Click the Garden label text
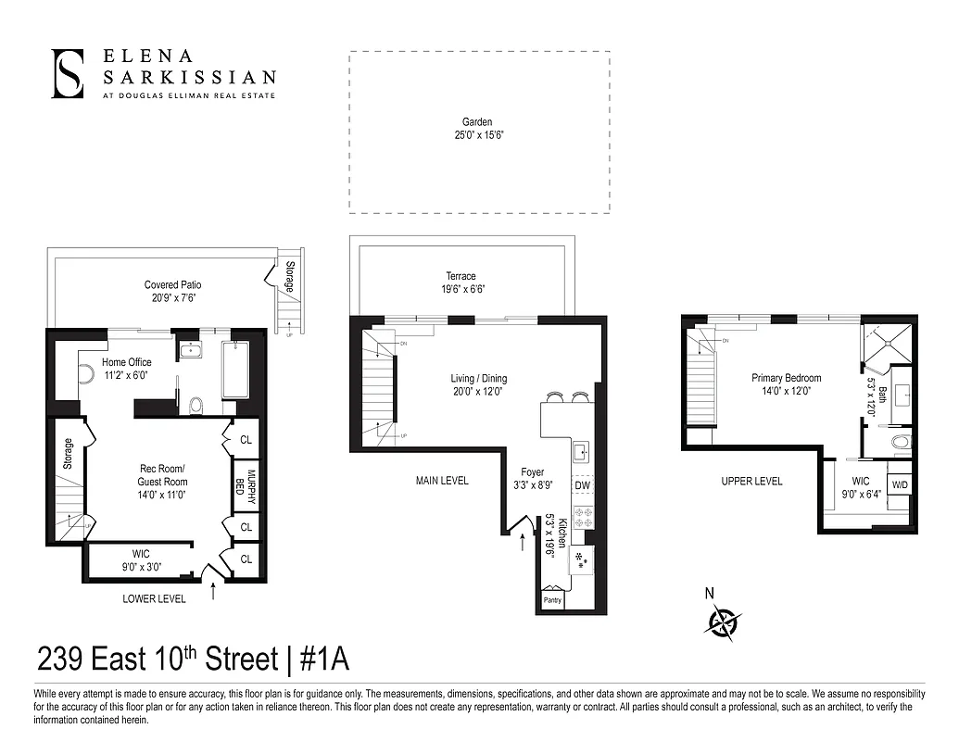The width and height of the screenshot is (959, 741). tap(477, 122)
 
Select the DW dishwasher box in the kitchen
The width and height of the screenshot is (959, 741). tap(583, 485)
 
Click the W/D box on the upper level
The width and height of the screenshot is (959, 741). tap(899, 485)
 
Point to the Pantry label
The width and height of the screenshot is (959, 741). tap(552, 598)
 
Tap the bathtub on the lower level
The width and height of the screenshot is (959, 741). tap(235, 369)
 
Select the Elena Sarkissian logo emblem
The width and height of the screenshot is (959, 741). tap(68, 74)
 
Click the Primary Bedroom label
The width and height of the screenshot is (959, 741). tap(786, 378)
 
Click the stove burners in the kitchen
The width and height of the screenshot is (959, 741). tap(583, 519)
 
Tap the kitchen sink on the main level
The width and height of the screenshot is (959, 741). tap(581, 453)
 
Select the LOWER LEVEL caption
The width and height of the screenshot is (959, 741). tap(154, 599)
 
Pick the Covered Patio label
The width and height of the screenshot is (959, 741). tap(172, 285)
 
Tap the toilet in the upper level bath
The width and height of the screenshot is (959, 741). tap(899, 443)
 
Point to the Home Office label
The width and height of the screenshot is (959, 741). tap(127, 362)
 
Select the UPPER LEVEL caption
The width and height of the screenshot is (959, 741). tap(751, 481)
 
